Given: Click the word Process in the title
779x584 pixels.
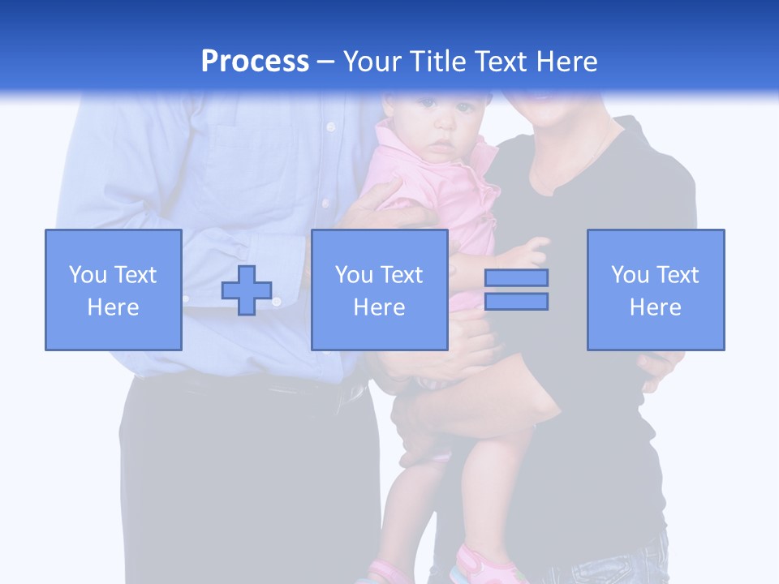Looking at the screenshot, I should tap(255, 62).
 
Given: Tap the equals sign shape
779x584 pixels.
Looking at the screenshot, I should tap(517, 290).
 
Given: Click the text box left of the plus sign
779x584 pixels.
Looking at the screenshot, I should tap(114, 290).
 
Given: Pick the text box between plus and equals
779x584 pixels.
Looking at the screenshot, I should tap(380, 290).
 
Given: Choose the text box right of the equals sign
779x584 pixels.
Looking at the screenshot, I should tap(656, 290).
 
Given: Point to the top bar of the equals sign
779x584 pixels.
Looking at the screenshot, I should tap(517, 278).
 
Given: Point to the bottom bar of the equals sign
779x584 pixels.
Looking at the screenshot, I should tap(517, 302).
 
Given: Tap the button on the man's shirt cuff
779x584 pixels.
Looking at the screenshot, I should tap(276, 302).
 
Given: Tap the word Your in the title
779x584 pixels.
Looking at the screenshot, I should tap(372, 62).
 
